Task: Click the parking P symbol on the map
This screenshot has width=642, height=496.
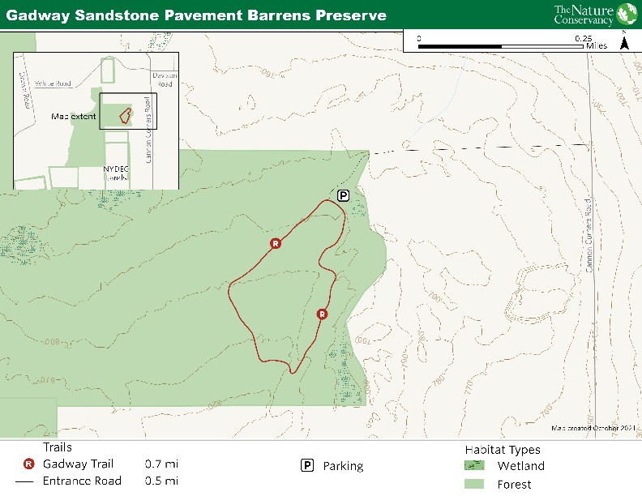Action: point(343,195)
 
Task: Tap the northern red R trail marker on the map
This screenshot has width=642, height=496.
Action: point(276,243)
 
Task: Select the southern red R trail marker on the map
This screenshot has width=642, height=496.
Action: point(322,314)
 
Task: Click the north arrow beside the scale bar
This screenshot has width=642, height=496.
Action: point(623,42)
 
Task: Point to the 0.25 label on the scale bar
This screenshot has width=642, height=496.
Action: point(583,38)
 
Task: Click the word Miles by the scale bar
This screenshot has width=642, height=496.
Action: point(596,46)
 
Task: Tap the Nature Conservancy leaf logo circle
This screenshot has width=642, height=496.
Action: point(627,15)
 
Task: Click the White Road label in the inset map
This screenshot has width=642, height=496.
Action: point(53,83)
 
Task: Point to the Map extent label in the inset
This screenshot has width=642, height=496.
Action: point(73,116)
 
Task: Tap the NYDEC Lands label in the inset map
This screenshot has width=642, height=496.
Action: point(116,173)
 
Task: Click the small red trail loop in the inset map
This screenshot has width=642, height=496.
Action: point(126,114)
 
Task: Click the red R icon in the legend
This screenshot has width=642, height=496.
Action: point(29,464)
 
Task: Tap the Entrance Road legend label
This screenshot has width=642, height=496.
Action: point(82,481)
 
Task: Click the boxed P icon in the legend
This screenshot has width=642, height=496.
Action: point(307,465)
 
